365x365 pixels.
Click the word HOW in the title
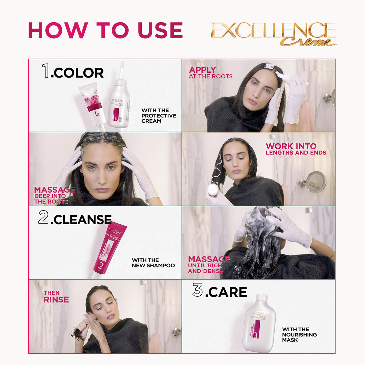coord(58,30)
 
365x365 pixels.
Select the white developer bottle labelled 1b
coord(119,100)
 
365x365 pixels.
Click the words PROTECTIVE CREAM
coord(158,118)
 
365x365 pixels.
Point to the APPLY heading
coord(202,70)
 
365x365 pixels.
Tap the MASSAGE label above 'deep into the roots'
coord(55,190)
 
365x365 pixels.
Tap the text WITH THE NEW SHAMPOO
coord(153,263)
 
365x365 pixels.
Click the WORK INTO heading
coord(291,146)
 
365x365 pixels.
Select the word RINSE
coord(56,300)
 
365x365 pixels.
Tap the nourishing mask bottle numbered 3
coord(259,322)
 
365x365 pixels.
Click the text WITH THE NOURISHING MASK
coord(299,335)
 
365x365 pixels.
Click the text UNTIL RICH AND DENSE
coord(205,268)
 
